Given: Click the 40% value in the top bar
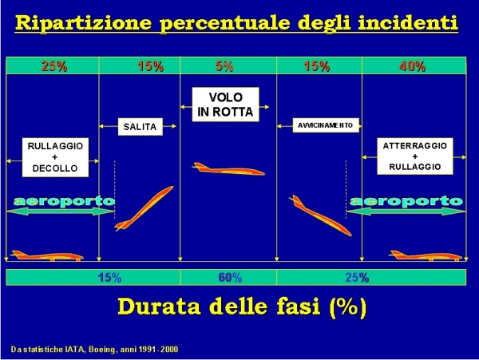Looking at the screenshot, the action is click(412, 66).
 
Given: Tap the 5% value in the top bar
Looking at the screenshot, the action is click(224, 66).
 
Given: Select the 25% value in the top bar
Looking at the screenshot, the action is click(54, 66).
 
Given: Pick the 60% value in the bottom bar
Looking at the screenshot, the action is click(230, 278).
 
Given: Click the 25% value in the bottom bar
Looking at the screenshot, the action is click(357, 278).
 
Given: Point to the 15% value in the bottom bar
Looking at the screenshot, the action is click(109, 278).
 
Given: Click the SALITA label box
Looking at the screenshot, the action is click(141, 126).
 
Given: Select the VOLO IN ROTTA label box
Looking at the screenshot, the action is click(225, 105).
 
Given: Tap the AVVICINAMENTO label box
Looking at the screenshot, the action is click(326, 125).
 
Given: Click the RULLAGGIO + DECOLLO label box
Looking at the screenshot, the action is click(55, 157).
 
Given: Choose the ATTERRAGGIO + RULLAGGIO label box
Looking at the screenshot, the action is click(415, 156).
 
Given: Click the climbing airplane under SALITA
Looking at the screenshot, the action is click(144, 208).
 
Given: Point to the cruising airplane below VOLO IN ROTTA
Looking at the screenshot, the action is click(228, 169).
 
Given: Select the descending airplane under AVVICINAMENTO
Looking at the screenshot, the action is click(320, 216).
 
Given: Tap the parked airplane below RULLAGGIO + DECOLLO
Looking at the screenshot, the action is click(47, 255).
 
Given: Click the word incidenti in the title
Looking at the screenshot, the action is click(408, 22).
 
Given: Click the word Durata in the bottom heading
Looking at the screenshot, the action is click(159, 307).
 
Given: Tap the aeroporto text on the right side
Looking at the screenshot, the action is click(406, 201).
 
